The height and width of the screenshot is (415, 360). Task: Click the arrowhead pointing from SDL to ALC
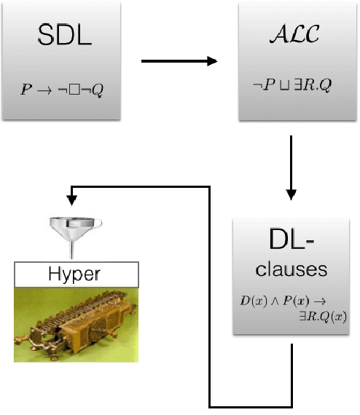pos(212,60)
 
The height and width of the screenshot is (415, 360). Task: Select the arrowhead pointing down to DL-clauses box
pos(291,194)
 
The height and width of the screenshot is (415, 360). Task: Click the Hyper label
pos(77,274)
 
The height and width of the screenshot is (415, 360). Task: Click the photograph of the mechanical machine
pos(76,323)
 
